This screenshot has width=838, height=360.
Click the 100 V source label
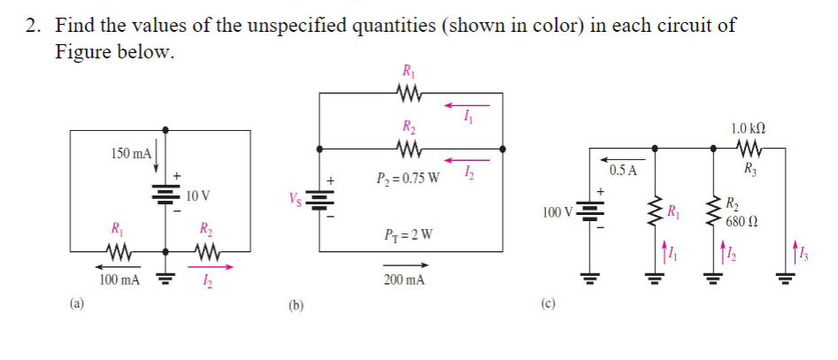[x=558, y=212]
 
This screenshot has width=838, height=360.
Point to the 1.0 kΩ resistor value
[x=749, y=127]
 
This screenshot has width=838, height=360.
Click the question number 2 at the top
[x=33, y=25]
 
